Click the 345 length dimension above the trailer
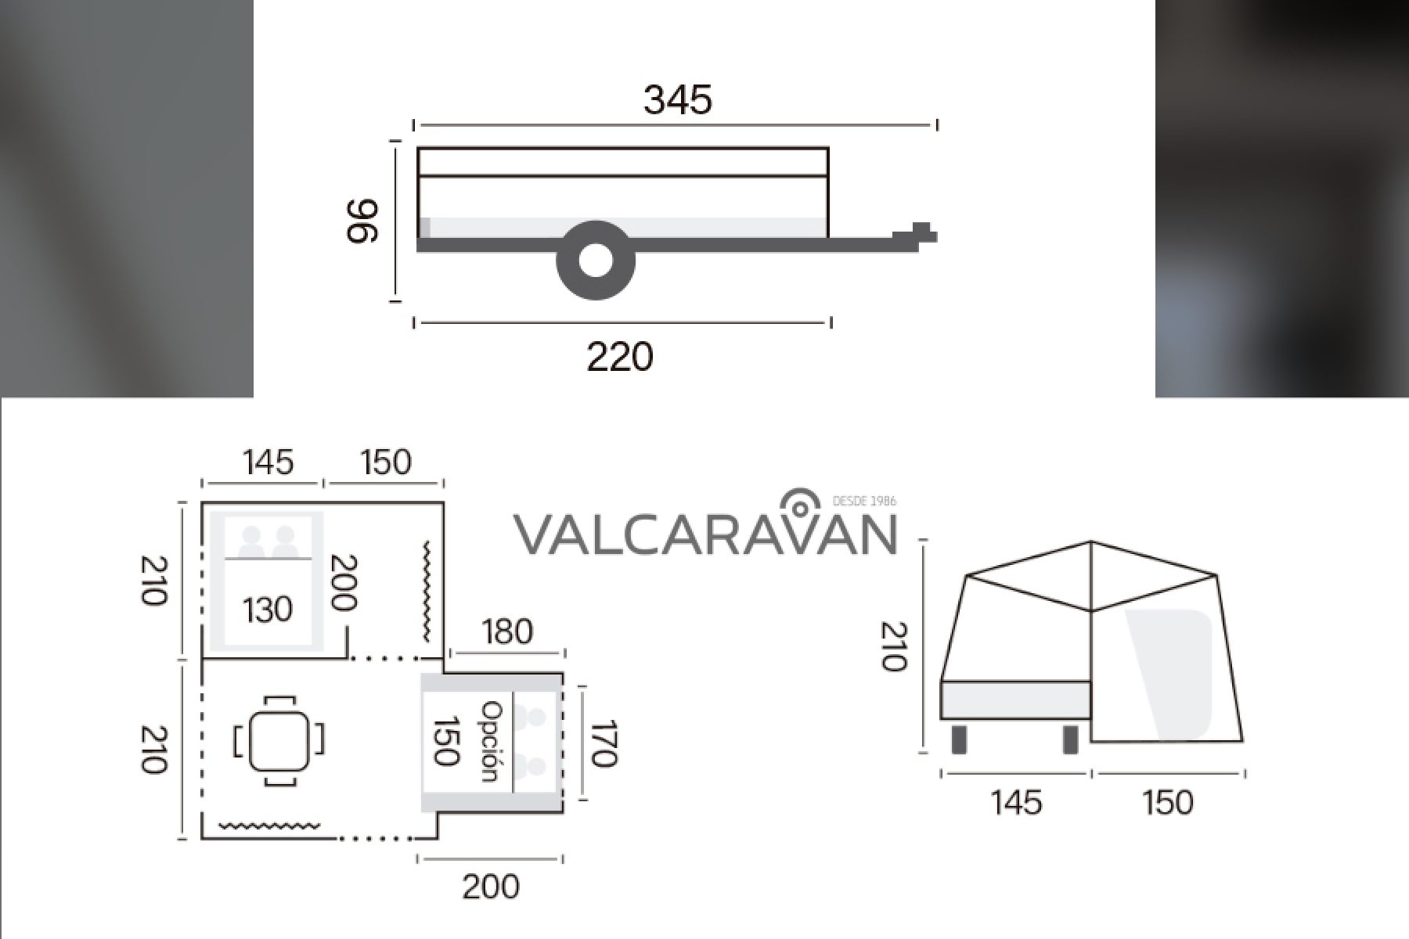(x=678, y=100)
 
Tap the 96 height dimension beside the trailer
(x=362, y=221)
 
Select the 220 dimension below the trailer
(x=620, y=358)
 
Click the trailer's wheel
(x=596, y=261)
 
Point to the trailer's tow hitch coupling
(x=916, y=233)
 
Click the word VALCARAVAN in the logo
(x=704, y=534)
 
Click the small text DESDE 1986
(x=865, y=501)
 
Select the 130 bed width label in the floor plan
(x=268, y=609)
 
